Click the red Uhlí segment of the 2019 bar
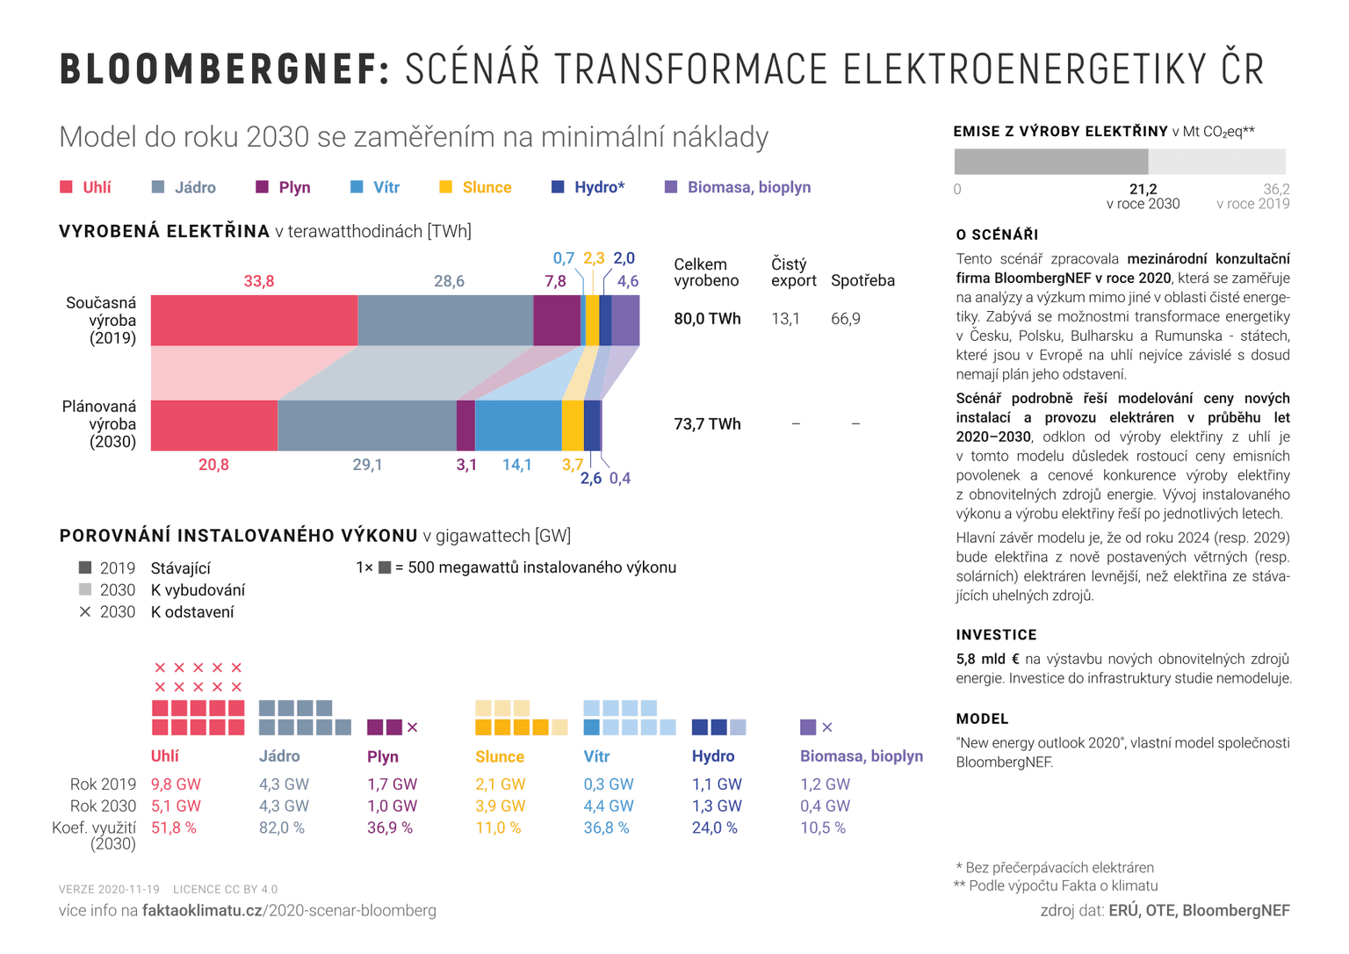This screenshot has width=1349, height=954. pos(254,321)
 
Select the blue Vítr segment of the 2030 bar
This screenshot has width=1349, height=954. pos(518,426)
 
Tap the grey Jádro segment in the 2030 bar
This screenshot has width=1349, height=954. pos(367,426)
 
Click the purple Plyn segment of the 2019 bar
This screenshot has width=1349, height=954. pos(557,321)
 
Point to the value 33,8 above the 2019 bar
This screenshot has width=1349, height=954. pos(259,281)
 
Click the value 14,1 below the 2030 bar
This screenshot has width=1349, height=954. pos(516,465)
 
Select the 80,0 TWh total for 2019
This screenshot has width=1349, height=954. pos(707,319)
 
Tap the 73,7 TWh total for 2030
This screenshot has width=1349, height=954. pos(707,424)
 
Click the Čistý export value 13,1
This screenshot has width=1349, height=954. pos(785,319)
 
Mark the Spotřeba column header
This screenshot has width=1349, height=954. pos(862,281)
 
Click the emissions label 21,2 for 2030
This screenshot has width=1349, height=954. pos(1143,190)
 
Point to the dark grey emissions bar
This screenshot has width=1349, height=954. pos(1050,162)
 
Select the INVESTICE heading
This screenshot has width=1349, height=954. pos(996,635)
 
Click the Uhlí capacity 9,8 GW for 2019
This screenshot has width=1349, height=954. pos(176,784)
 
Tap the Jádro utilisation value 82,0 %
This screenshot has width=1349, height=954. pos(281,828)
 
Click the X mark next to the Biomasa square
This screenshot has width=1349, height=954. pos(827,727)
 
